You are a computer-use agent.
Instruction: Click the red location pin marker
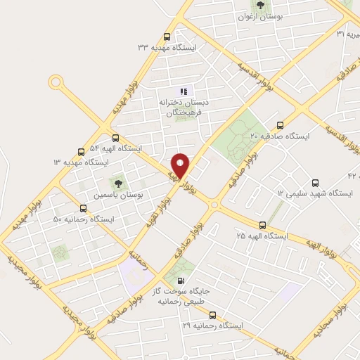click(x=181, y=166)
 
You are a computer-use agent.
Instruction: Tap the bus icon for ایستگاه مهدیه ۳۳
click(x=167, y=37)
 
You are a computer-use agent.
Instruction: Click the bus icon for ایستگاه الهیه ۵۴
click(x=115, y=139)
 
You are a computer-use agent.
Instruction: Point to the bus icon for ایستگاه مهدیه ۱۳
click(x=81, y=151)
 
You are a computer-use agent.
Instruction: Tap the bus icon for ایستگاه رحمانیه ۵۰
click(x=83, y=208)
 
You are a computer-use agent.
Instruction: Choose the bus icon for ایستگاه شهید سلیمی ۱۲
click(x=314, y=182)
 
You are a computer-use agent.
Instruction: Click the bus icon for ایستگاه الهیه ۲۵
click(x=262, y=226)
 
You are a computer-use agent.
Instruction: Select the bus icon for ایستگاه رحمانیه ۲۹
click(x=212, y=316)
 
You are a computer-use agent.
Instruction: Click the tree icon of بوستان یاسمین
click(x=117, y=184)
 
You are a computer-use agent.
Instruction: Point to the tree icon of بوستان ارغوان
click(x=260, y=6)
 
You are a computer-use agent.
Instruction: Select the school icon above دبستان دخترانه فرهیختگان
click(x=184, y=91)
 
